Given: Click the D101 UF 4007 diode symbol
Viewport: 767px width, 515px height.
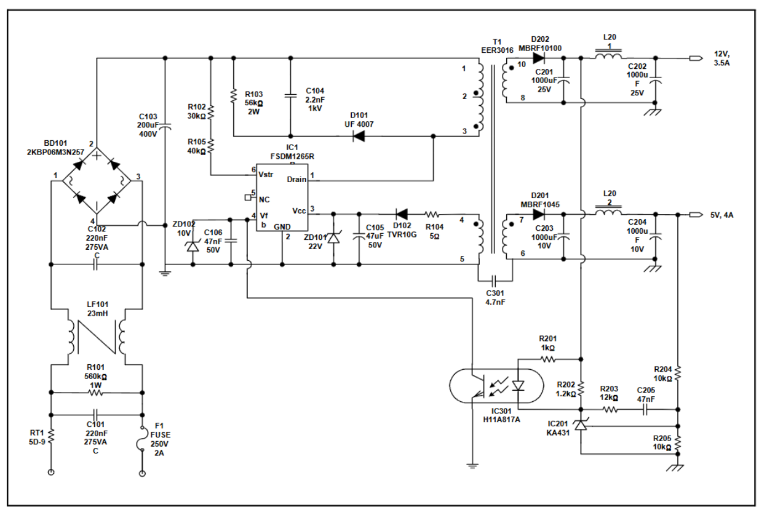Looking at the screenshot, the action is coord(359,137).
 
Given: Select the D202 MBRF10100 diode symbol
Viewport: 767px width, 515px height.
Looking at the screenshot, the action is coord(539,58).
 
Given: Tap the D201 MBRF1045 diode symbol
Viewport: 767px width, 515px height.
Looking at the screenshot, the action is coord(539,215).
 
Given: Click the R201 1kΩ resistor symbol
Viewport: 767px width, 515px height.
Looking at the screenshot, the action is coord(548,359).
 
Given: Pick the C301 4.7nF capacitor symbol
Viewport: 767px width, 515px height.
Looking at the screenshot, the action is coord(494,281).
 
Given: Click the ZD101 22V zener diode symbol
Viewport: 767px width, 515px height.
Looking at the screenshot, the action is coord(333,237).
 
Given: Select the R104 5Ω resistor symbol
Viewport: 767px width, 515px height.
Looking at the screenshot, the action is coord(432,215).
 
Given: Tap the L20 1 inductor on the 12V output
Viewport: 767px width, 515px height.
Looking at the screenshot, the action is coord(608,55).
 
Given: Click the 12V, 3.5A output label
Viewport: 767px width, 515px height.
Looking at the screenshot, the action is coord(721,58).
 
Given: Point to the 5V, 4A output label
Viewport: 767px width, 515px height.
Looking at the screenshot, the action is coord(722,215).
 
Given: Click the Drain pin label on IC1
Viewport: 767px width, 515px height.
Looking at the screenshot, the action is coord(296,180).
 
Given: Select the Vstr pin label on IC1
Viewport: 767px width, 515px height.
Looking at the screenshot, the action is coord(266,175).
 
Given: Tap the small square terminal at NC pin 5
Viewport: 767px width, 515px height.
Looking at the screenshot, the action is coord(248,198).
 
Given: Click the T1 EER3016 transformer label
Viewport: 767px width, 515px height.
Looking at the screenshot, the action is coord(497,46).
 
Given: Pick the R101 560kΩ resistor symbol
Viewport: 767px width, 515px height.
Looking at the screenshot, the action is coord(95,393).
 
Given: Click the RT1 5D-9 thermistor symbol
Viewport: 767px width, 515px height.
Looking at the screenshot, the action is coord(51,437).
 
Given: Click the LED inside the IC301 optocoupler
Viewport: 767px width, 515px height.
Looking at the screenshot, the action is coord(518,386).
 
